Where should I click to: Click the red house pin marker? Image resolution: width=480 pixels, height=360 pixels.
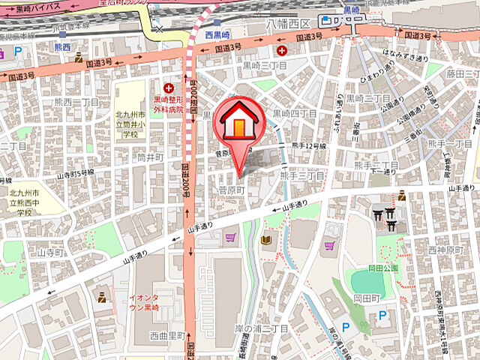(x=238, y=123)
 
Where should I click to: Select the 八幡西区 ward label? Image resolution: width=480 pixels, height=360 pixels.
(x=289, y=25)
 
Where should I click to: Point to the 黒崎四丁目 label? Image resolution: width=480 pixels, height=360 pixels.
(x=295, y=114)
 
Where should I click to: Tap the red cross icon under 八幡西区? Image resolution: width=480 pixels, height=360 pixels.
(x=282, y=50)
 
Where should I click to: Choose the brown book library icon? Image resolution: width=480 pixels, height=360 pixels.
(x=266, y=240)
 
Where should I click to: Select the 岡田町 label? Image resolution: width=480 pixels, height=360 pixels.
(x=368, y=298)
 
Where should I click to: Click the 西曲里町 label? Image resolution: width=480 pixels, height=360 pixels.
(x=166, y=335)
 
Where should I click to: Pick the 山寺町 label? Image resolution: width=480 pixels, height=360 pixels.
(x=52, y=253)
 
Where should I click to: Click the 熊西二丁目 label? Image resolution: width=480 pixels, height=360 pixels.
(x=76, y=102)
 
